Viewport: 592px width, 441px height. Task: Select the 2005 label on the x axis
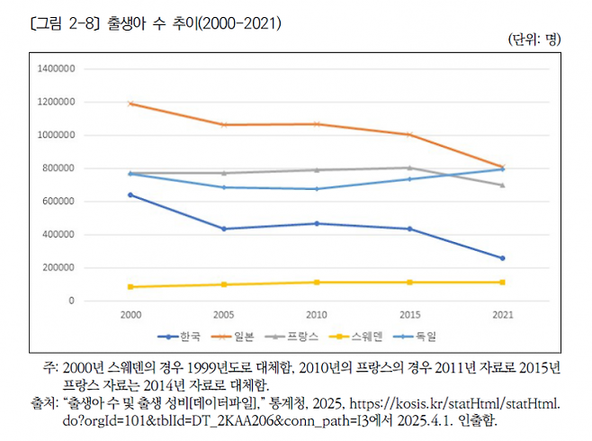click(x=223, y=316)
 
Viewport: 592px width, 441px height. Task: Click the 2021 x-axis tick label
click(x=502, y=316)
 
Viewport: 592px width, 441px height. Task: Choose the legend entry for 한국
click(x=179, y=337)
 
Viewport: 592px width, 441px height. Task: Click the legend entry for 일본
click(x=236, y=337)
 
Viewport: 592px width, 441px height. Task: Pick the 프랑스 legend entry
click(x=296, y=337)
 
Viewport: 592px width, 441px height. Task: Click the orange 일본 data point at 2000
click(x=130, y=103)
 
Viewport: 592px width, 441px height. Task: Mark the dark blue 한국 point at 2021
click(x=502, y=258)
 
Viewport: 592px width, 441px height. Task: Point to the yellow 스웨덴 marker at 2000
click(x=130, y=287)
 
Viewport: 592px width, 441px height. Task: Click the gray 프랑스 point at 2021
click(x=502, y=184)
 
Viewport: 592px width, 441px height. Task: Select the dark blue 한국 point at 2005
click(x=223, y=229)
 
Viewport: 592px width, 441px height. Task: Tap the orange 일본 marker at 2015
click(x=409, y=135)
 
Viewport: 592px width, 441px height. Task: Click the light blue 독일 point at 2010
click(x=316, y=189)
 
